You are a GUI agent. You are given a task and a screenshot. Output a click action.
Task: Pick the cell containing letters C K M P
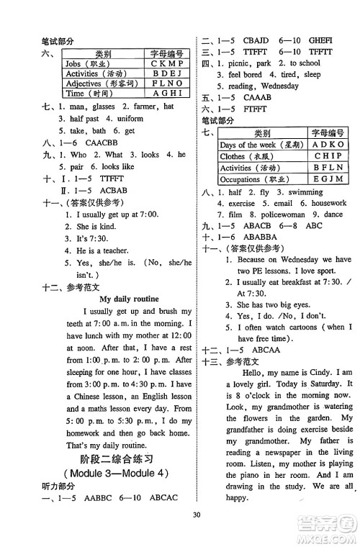pyautogui.click(x=168, y=63)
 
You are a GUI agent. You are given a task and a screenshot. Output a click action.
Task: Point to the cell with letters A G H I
pyautogui.click(x=168, y=94)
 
